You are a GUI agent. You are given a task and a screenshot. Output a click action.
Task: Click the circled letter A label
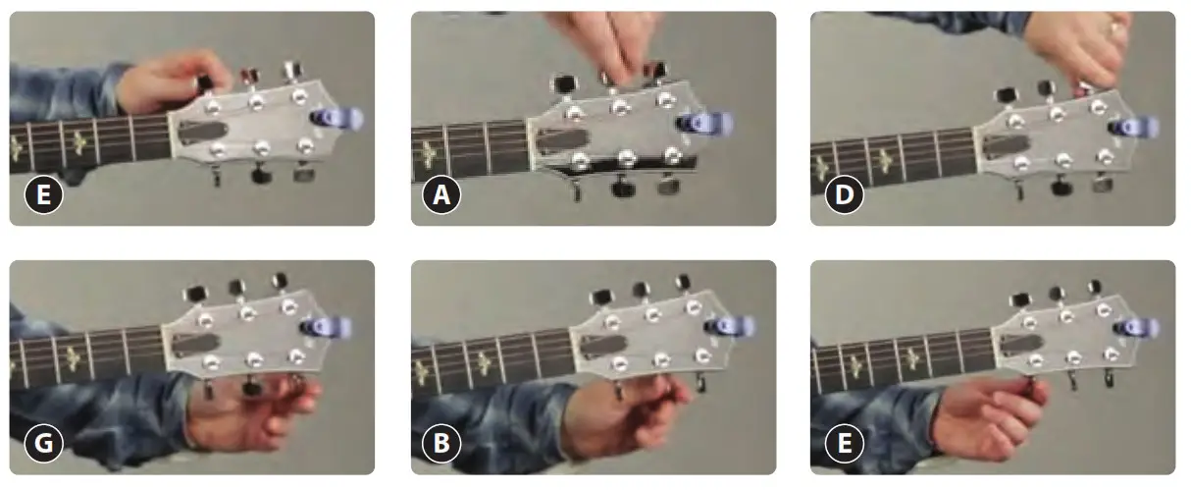tap(441, 196)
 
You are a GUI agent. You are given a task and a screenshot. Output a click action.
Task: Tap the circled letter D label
tap(842, 196)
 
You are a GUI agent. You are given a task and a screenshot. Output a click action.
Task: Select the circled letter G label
tap(43, 445)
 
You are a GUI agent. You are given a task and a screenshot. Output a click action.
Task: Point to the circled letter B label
tap(441, 445)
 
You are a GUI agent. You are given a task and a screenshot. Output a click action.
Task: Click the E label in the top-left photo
tap(43, 196)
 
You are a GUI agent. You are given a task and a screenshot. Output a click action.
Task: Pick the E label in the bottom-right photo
tap(842, 445)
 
